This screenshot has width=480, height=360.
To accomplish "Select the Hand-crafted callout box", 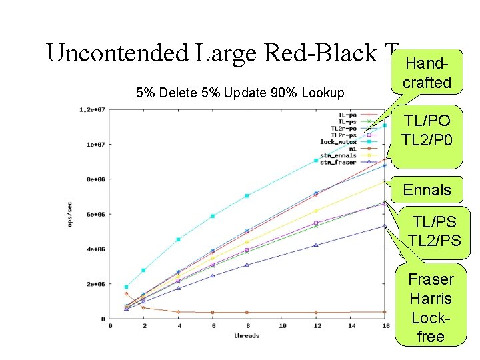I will [x=427, y=73].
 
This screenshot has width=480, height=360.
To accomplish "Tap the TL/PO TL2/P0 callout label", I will [x=427, y=131].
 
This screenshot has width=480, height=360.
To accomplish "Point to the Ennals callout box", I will [x=427, y=190].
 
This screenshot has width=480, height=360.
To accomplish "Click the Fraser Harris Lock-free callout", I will [x=430, y=307].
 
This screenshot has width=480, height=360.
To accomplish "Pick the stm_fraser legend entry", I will [x=338, y=162].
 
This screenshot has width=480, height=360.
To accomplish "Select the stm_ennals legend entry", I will [x=338, y=155].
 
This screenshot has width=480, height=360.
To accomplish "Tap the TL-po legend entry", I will [x=346, y=115].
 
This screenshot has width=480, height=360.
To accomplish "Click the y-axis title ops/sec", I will [x=69, y=213].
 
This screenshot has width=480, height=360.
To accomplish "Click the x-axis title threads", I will [x=246, y=335].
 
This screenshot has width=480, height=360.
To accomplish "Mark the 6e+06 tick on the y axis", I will [x=93, y=214].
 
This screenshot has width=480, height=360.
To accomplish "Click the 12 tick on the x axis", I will [x=315, y=326].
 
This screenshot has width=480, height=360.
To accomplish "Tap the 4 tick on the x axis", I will [x=178, y=326].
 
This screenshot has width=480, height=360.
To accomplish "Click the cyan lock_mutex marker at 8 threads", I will [x=247, y=196].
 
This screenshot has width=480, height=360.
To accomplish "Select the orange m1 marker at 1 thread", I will [x=126, y=293].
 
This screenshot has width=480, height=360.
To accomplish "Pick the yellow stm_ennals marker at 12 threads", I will [x=315, y=211].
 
